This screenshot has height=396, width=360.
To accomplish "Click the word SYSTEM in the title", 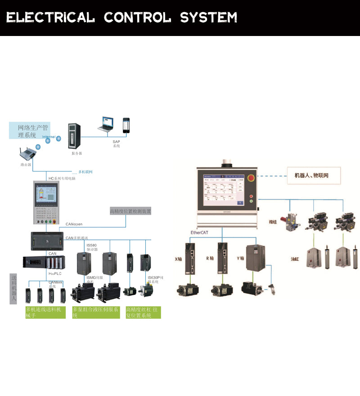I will [208, 18].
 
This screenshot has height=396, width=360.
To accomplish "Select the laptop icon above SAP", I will [108, 124].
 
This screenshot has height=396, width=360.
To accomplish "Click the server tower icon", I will [74, 135].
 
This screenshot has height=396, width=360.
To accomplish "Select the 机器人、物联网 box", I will [314, 175].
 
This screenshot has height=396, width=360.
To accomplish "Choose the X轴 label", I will [178, 259].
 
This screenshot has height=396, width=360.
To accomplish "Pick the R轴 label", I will [210, 259].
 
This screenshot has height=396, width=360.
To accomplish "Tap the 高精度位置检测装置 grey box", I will [130, 211].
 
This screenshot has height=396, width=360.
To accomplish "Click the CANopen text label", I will [74, 224].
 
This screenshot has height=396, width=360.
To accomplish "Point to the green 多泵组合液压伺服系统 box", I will [96, 312].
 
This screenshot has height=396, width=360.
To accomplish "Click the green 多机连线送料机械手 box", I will [45, 312].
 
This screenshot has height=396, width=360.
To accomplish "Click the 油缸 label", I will [295, 260].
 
